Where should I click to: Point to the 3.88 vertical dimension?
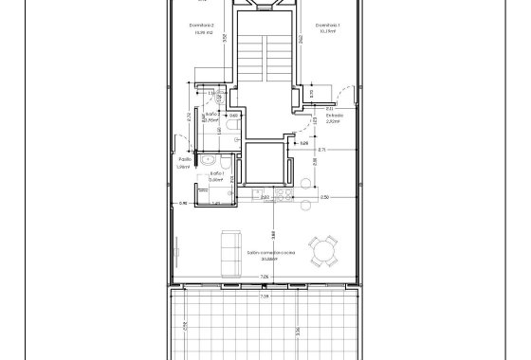click(x=272, y=235)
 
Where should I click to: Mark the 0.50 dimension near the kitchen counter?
click(x=324, y=197)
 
